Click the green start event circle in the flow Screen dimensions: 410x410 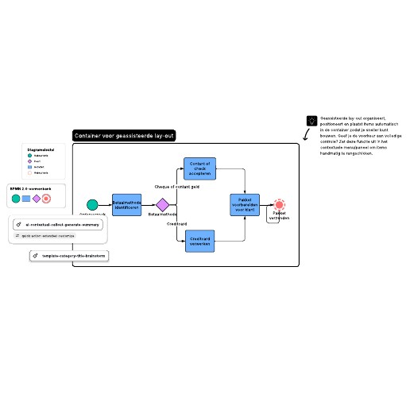[93, 205]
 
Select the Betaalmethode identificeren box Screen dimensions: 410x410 [126, 205]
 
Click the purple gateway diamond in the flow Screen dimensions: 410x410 [162, 205]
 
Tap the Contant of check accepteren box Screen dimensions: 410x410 [199, 168]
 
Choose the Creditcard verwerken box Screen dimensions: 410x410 [200, 241]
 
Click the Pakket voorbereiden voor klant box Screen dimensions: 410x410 [245, 205]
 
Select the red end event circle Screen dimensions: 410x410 [279, 205]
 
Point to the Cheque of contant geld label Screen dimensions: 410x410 [176, 187]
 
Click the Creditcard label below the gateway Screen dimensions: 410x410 [176, 224]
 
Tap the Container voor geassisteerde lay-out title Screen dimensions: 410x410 [123, 136]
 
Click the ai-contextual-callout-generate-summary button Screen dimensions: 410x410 [58, 225]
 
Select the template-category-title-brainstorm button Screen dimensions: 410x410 [68, 256]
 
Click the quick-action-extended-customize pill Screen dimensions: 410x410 [45, 236]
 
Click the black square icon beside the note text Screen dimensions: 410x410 [311, 121]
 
